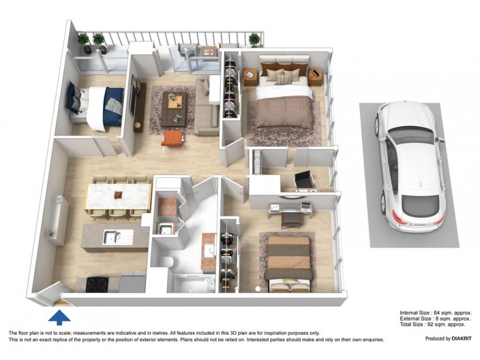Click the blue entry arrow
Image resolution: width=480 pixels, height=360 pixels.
click(59, 316)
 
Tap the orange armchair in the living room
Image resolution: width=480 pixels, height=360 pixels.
click(172, 139)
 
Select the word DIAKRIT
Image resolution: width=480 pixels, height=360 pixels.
click(459, 338)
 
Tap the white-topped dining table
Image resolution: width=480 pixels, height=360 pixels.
click(118, 196)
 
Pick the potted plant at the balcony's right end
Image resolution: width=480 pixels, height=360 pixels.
click(255, 40)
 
